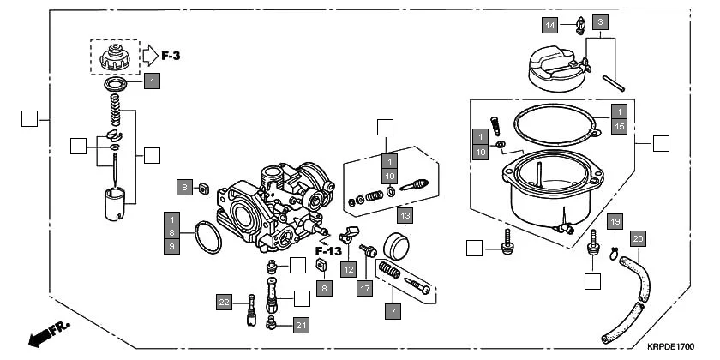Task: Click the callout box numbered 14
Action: point(550,26)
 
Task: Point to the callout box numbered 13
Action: point(405,214)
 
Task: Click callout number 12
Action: point(347,269)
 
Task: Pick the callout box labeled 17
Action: point(366,289)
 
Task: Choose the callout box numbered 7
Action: point(393,310)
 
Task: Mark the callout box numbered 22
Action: point(224,302)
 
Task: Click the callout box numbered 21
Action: point(300,325)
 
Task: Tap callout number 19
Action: point(615,222)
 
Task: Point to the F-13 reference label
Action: point(328,250)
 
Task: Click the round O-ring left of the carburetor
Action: point(206,238)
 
